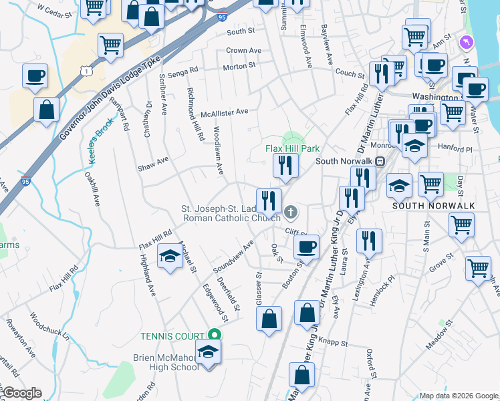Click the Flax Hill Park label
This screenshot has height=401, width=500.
click(293, 148)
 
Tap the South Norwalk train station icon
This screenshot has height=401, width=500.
click(380, 161)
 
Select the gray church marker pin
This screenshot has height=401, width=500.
click(290, 213)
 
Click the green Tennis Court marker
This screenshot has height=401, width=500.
click(214, 334)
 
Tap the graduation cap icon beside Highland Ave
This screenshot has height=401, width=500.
click(170, 257)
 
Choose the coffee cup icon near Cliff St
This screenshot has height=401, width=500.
click(307, 247)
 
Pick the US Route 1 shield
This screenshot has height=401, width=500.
click(86, 70)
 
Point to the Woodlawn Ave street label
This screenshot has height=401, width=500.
click(217, 150)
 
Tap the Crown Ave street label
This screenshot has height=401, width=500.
click(243, 51)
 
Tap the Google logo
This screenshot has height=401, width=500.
click(21, 393)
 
